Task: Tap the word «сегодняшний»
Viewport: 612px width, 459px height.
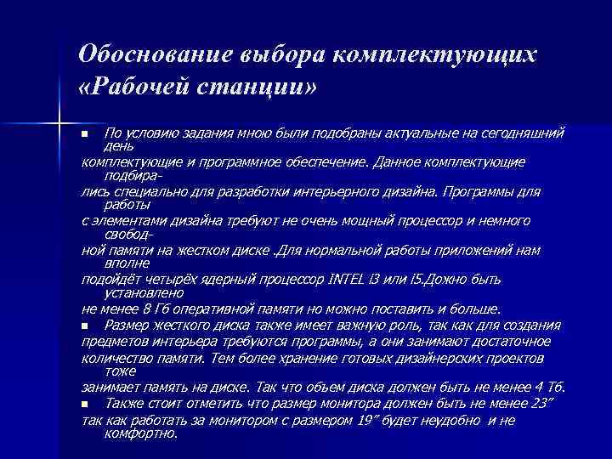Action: [521, 134]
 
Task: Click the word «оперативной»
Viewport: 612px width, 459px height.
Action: [210, 309]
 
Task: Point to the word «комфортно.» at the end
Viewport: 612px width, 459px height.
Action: [140, 433]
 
